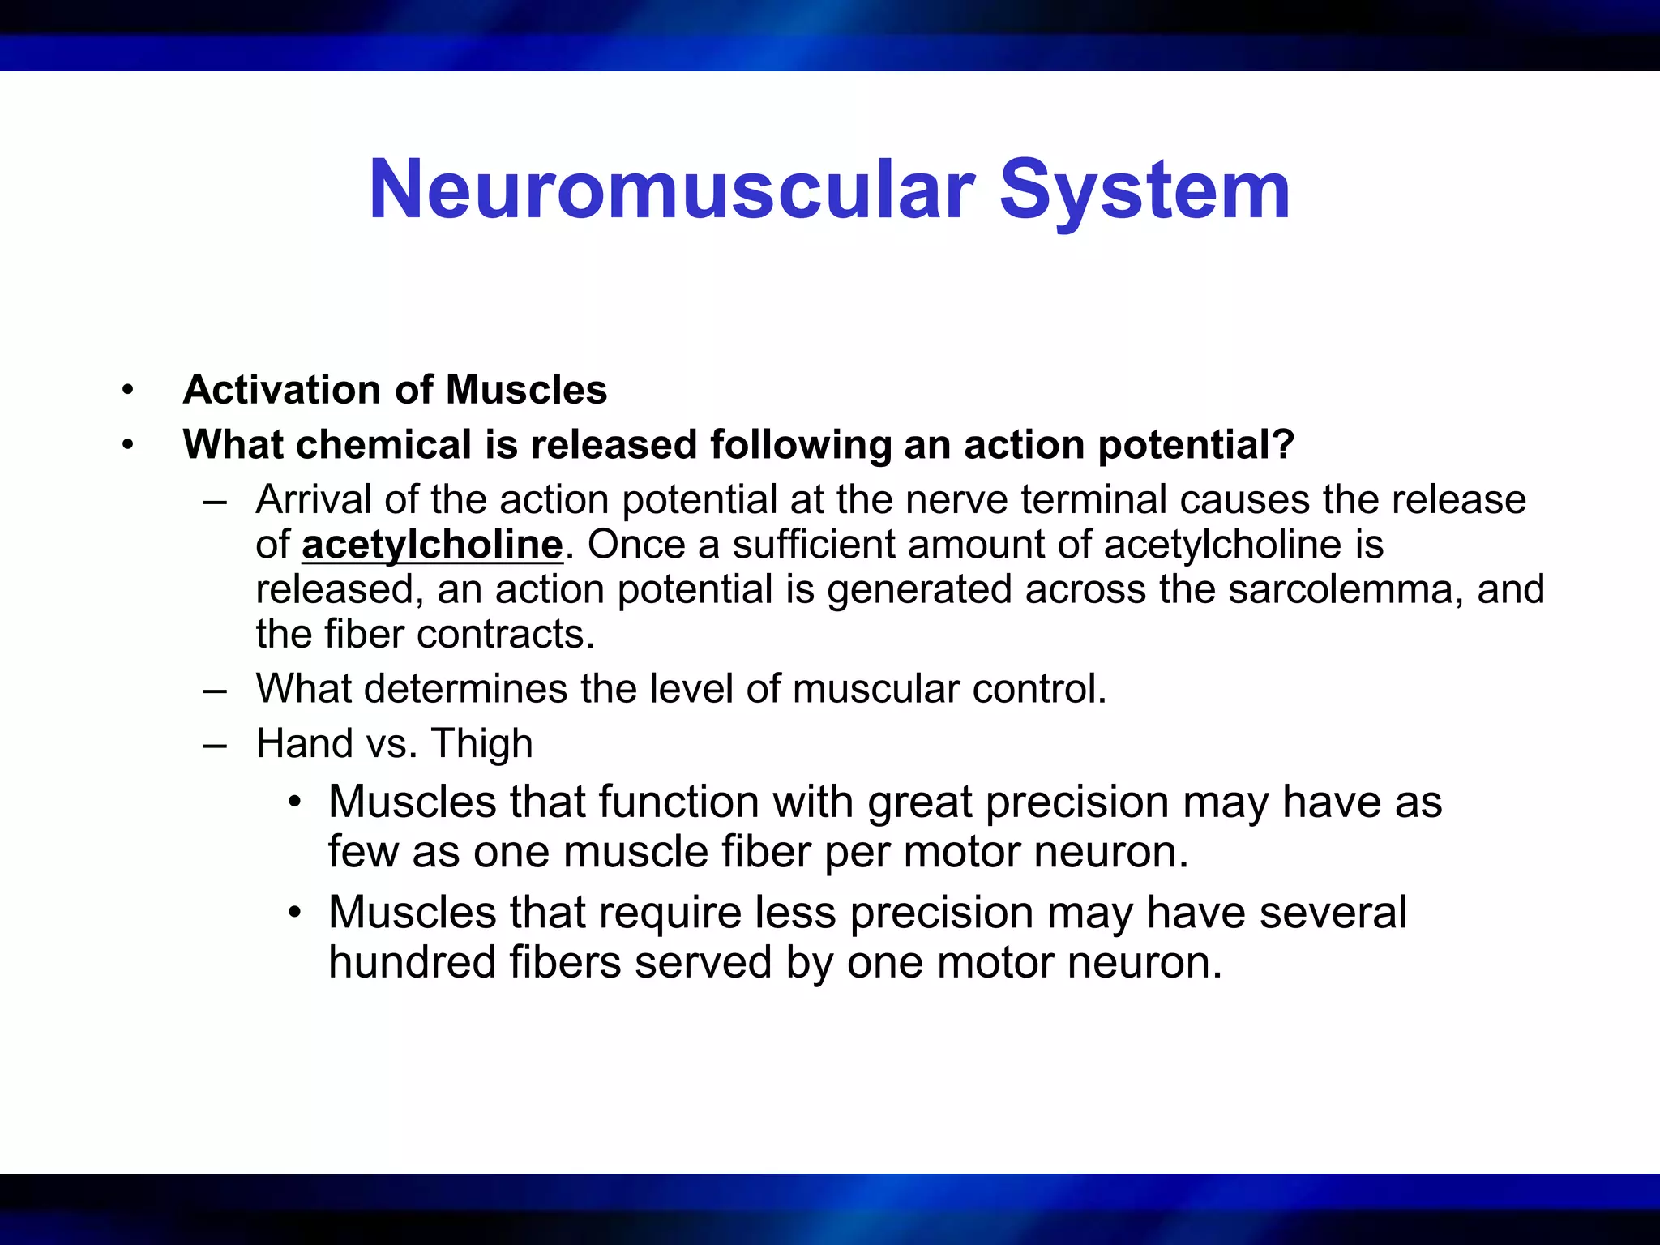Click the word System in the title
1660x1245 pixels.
pos(1144,190)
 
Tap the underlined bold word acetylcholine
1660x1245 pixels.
pos(432,545)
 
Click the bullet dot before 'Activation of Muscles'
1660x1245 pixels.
pos(126,391)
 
